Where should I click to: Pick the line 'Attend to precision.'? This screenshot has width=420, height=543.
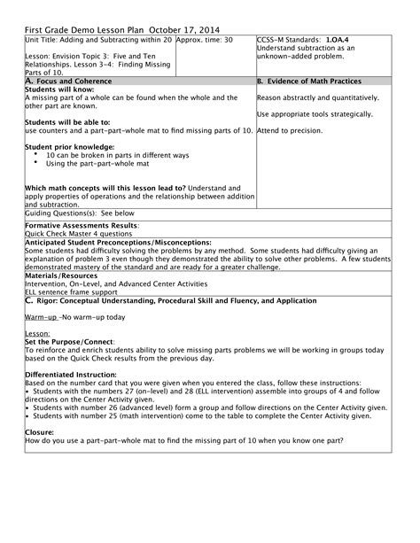click(286, 130)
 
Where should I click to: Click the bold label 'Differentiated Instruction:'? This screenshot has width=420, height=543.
click(74, 373)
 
